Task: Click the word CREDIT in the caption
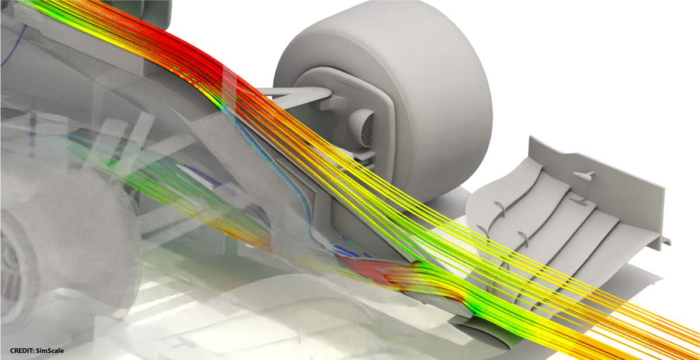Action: point(22,351)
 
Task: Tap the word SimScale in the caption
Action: point(50,351)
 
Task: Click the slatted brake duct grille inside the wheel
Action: point(367,130)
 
